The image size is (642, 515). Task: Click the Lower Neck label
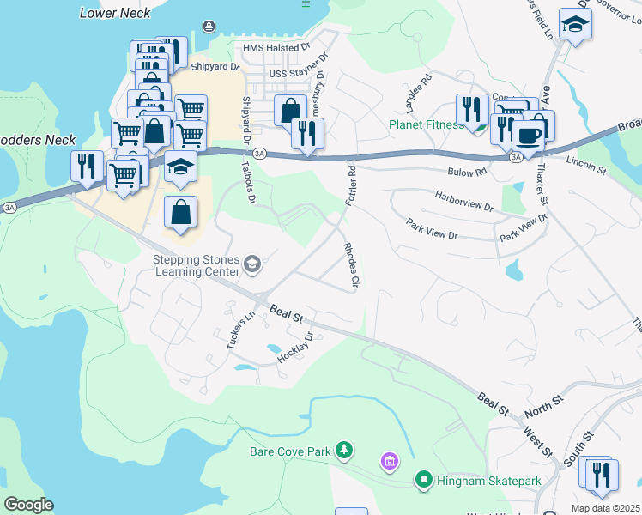click(114, 13)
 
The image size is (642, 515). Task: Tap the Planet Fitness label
click(426, 124)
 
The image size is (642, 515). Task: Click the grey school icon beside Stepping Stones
click(252, 264)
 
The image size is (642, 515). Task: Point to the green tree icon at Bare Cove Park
click(344, 450)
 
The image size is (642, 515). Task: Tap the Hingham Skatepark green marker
click(423, 481)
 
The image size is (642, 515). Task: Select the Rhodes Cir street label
click(350, 264)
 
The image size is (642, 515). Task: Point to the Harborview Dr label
click(464, 207)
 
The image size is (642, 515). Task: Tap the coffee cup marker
click(527, 135)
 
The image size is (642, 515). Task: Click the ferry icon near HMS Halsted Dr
click(209, 27)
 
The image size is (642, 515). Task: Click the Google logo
click(28, 504)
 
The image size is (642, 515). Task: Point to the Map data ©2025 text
click(605, 508)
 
